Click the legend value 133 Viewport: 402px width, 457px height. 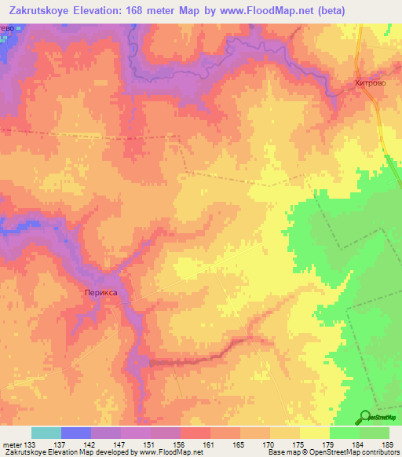click(x=31, y=444)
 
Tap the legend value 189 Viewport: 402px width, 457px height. click(x=388, y=444)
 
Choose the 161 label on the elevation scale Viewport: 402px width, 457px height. click(x=210, y=444)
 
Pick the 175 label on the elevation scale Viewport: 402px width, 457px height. click(x=299, y=444)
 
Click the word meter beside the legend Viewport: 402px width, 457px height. click(x=11, y=444)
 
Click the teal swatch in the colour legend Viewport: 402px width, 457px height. click(x=46, y=433)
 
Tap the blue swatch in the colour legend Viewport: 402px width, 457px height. click(x=76, y=433)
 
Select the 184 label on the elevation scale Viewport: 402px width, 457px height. click(x=358, y=444)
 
